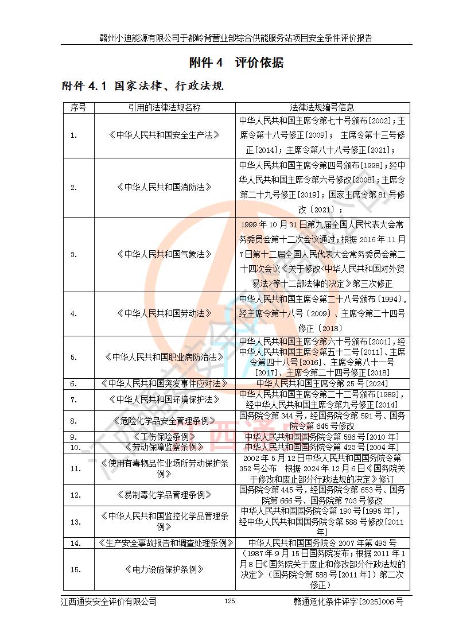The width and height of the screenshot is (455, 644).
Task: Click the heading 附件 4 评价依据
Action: coord(236,63)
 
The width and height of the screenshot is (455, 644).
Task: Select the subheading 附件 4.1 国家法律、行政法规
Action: coord(142,86)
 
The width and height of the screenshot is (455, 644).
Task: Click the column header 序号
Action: coord(79,107)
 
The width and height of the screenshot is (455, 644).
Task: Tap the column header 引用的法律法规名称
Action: coord(165,107)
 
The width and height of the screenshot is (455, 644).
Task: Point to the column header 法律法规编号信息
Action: coord(322,107)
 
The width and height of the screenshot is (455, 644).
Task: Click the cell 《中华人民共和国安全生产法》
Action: coord(165,135)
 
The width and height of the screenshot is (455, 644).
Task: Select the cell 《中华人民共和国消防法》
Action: coord(165,187)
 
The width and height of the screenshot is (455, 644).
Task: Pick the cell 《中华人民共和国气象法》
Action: coord(165,254)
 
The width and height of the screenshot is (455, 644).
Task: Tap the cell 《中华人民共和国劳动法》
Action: coord(165,314)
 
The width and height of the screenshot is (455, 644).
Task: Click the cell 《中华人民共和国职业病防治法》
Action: coord(165,357)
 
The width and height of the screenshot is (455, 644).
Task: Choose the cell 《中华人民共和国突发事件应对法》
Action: coord(165,383)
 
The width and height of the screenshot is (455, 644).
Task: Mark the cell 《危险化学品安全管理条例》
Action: coord(165,421)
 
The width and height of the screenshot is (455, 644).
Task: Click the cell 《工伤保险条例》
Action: coord(165,436)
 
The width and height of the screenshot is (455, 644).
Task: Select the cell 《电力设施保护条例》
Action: coord(165,569)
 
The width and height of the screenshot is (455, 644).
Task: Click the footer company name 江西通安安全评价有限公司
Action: coord(109,602)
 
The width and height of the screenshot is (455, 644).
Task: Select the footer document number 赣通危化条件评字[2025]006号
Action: coord(348,602)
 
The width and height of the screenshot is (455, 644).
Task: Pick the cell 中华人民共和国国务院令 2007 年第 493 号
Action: coord(322,542)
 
